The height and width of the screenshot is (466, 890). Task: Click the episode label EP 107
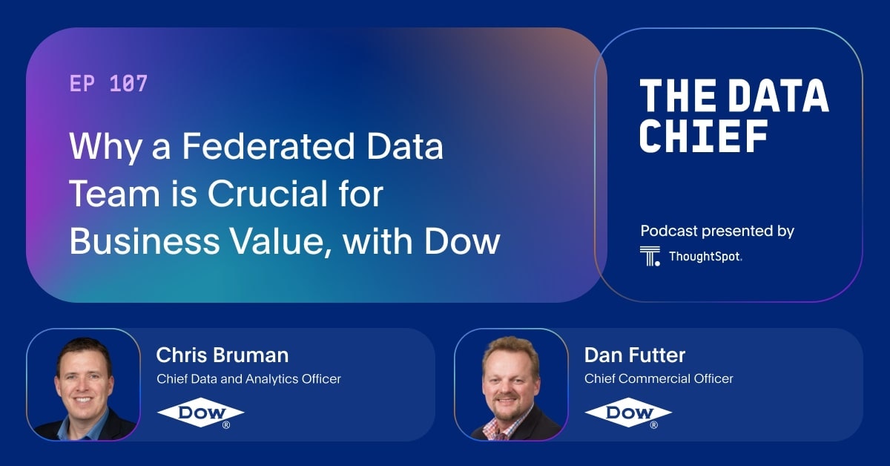[x=108, y=84]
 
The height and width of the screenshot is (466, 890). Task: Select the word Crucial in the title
[x=280, y=194]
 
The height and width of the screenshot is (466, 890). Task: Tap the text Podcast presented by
[x=716, y=231]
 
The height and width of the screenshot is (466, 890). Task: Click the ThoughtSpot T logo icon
[x=650, y=256]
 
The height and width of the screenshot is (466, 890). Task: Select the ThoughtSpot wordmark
[x=705, y=257]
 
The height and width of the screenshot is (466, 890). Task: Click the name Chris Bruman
[x=222, y=355]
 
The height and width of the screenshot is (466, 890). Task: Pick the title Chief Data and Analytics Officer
[x=248, y=378]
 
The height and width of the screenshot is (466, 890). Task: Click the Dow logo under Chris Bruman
[x=200, y=414]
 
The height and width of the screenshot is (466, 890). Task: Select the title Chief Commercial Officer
[x=659, y=378]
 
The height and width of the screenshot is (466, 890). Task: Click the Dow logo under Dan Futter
[x=628, y=414]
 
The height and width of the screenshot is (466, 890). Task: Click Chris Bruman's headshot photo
[x=83, y=384]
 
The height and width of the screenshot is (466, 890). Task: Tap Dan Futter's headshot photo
[x=511, y=384]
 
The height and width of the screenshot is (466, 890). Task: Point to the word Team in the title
[x=109, y=194]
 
